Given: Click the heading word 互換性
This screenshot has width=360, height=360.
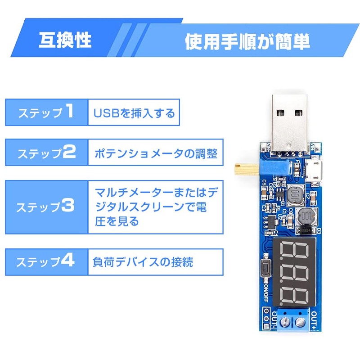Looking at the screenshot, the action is point(65,40).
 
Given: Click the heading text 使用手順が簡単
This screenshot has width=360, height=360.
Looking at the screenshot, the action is point(247,41).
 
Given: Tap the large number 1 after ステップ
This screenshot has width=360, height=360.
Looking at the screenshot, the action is point(69,111).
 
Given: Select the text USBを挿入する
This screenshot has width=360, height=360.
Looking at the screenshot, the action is point(134,113).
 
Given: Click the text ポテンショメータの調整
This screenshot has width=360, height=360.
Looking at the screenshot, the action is point(156,153).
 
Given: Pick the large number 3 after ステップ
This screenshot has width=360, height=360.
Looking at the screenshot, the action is point(68,205).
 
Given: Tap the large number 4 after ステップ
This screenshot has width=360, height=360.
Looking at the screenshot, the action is point(67,260).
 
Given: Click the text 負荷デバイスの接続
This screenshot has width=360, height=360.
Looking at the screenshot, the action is point(143,262).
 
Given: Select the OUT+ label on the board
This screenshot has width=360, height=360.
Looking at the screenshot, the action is point(314,320).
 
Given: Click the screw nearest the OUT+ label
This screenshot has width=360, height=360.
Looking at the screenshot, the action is point(299,322).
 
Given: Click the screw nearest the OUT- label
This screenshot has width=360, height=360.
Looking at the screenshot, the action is point(284,322).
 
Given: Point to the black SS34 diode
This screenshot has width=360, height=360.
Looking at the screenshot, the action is point(306,230).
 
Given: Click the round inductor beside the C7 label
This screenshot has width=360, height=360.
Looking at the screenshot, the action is point(295,195).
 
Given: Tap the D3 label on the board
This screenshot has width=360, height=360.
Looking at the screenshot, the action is point(319,231).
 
